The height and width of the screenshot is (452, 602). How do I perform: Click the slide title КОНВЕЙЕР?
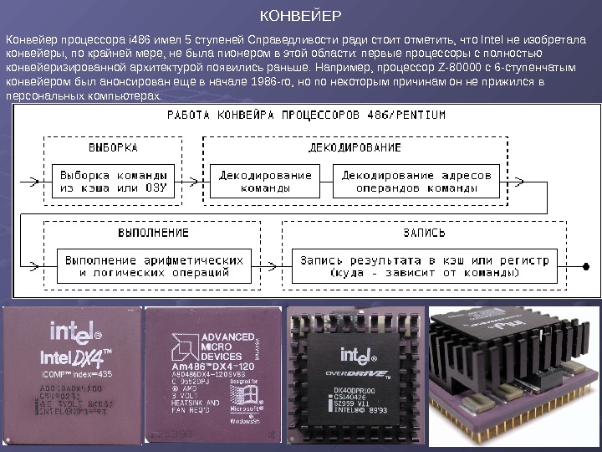coord(301,16)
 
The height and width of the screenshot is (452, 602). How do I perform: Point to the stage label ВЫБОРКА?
coord(114,147)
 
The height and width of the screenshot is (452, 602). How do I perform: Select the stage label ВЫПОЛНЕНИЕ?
coord(151,232)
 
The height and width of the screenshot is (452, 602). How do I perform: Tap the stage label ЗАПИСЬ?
coord(424,232)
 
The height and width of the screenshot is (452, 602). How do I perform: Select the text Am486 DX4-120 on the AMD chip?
coord(213,367)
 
